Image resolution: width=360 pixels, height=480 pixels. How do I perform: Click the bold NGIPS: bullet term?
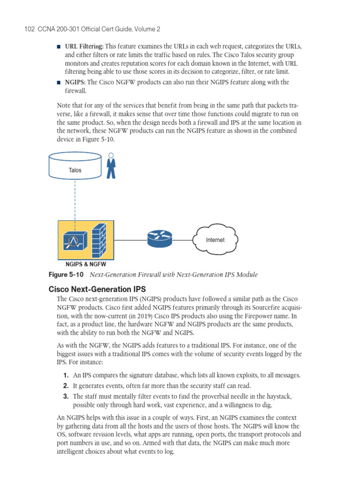click(75, 82)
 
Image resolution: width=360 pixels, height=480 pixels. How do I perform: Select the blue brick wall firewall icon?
click(99, 240)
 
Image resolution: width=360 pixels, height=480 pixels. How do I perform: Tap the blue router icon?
click(160, 240)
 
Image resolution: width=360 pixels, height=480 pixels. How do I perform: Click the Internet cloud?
click(215, 240)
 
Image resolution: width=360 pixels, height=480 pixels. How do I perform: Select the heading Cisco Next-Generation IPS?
click(97, 289)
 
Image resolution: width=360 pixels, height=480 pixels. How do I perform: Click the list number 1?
click(66, 375)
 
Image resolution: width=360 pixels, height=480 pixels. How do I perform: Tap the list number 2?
click(66, 386)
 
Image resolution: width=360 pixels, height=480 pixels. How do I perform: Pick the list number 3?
click(66, 396)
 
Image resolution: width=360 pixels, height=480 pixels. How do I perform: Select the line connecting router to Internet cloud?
click(183, 240)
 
